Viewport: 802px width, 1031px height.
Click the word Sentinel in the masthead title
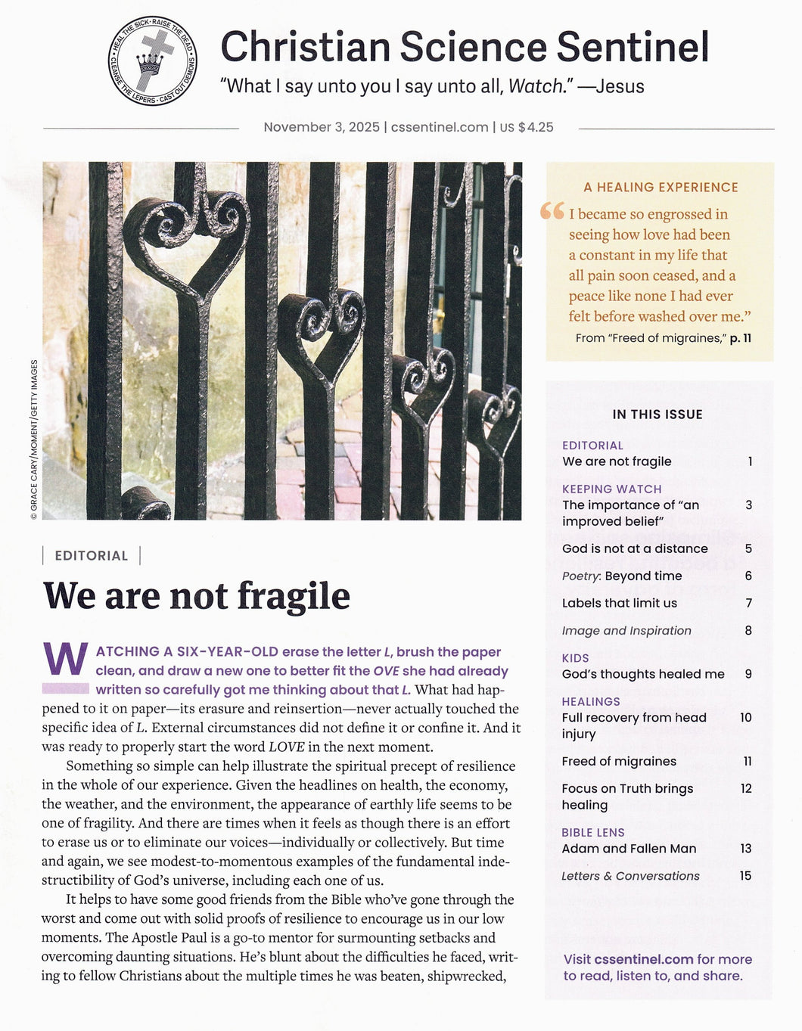click(x=633, y=47)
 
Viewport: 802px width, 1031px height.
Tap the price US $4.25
click(x=527, y=127)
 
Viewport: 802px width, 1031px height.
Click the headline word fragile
click(x=294, y=596)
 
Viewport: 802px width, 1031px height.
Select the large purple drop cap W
click(x=66, y=660)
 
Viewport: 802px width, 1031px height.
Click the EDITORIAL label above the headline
click(x=92, y=556)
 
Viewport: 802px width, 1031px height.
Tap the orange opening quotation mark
click(x=552, y=212)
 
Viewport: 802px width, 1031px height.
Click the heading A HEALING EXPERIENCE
click(x=661, y=188)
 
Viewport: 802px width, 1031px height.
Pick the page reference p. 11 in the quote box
click(x=740, y=338)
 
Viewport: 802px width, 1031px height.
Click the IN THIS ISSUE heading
click(x=657, y=415)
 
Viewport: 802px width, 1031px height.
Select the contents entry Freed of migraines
click(x=619, y=762)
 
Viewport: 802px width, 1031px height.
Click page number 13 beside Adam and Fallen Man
click(x=746, y=849)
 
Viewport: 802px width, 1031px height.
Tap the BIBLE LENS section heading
click(x=593, y=833)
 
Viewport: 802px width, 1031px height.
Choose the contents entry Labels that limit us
click(x=619, y=604)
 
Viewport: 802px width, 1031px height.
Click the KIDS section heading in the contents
click(x=575, y=658)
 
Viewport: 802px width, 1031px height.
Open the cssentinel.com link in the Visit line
click(x=644, y=959)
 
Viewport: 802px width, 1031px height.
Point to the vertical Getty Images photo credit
click(x=34, y=439)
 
